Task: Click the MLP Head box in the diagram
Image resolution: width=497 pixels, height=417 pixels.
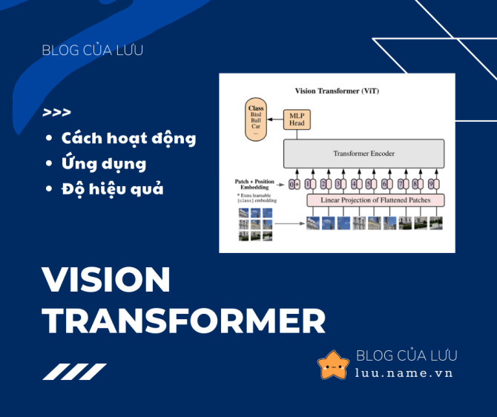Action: click(x=297, y=119)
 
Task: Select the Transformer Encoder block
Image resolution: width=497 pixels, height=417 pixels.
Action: click(x=363, y=154)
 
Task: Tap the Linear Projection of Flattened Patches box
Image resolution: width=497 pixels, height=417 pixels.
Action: click(x=375, y=200)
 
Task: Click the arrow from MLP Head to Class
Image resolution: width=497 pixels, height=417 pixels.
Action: click(x=275, y=119)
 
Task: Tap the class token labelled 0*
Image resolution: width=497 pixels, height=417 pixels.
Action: click(x=294, y=183)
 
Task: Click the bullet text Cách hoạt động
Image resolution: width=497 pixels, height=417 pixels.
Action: click(x=128, y=138)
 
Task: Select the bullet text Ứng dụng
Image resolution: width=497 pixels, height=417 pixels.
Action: click(x=103, y=163)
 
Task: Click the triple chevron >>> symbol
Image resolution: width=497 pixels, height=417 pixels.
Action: click(x=57, y=113)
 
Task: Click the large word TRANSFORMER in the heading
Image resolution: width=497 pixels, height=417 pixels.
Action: click(x=183, y=321)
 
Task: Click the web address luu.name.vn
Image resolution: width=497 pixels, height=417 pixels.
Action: click(x=404, y=372)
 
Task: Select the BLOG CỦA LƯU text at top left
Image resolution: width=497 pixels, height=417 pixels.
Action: click(x=93, y=50)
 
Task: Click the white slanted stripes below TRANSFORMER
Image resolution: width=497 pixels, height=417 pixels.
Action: click(x=74, y=372)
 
